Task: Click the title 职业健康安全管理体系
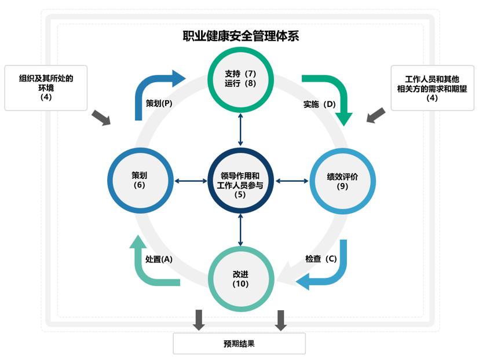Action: pos(240,36)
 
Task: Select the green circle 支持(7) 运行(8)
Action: pos(240,79)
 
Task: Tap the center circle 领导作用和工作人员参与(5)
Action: pos(240,181)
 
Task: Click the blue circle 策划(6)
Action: pos(139,181)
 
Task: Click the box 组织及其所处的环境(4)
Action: pos(46,87)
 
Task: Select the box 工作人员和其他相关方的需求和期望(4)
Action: pos(432,87)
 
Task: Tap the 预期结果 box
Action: pos(239,343)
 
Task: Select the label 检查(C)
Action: pos(320,259)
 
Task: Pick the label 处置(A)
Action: pos(159,259)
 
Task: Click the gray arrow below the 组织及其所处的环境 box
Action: pos(101,117)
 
